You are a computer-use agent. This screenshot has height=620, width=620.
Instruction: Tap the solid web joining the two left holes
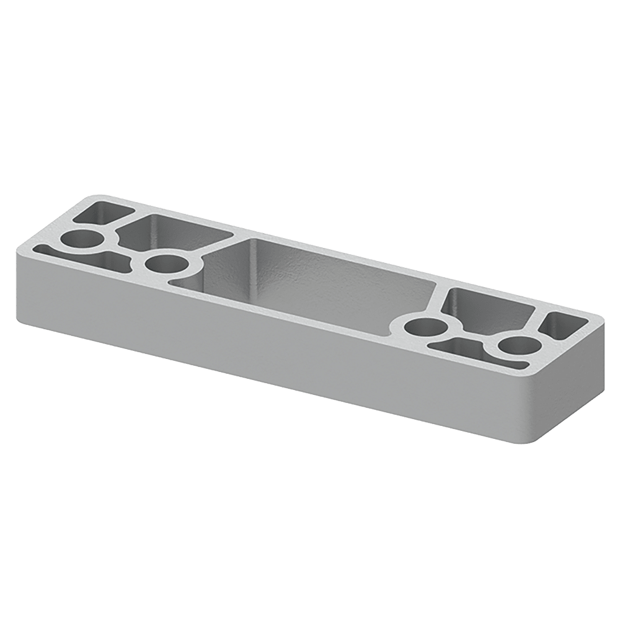point(121,248)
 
